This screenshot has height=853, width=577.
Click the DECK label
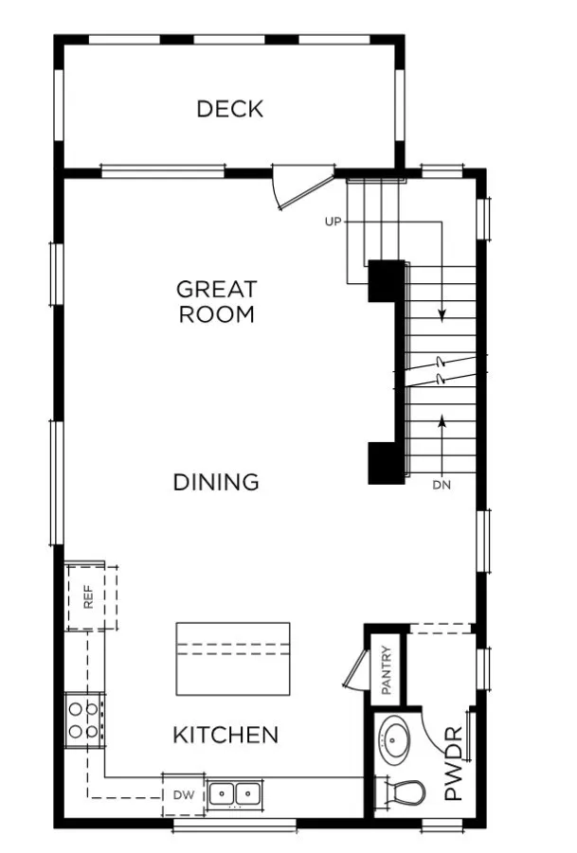pyautogui.click(x=229, y=109)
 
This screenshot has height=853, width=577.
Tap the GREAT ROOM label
pyautogui.click(x=217, y=301)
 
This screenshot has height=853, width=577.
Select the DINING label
pyautogui.click(x=216, y=482)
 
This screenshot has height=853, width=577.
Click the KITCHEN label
pyautogui.click(x=225, y=734)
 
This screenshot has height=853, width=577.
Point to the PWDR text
pyautogui.click(x=454, y=763)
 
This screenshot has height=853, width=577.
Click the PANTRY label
pyautogui.click(x=387, y=669)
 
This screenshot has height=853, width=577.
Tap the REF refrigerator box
pyautogui.click(x=89, y=597)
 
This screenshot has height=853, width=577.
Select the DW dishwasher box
pyautogui.click(x=184, y=795)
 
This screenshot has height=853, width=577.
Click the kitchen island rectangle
pyautogui.click(x=233, y=658)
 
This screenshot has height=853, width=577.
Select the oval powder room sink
pyautogui.click(x=394, y=739)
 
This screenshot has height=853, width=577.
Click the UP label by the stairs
pyautogui.click(x=333, y=222)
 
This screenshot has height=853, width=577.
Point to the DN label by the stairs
pyautogui.click(x=441, y=486)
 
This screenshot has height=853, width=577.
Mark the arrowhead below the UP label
pyautogui.click(x=442, y=312)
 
